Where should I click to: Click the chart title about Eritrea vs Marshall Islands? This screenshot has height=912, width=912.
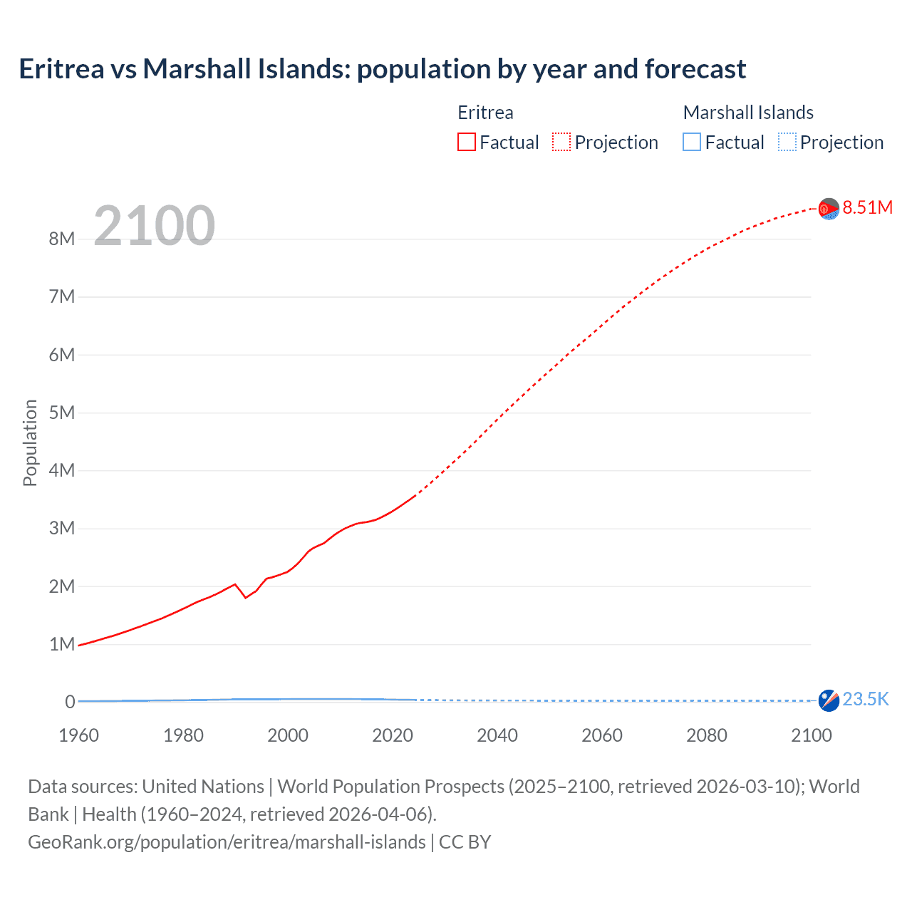click(382, 69)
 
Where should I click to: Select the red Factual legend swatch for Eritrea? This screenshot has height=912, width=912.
click(466, 142)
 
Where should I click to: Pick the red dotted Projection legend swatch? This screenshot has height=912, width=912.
click(561, 142)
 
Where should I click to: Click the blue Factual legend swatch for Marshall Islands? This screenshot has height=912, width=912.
click(691, 142)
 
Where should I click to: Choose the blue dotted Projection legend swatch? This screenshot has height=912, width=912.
click(787, 142)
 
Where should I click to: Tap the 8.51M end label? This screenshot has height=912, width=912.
click(867, 207)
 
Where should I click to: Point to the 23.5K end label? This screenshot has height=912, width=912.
click(865, 699)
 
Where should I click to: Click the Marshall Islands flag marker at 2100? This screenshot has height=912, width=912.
click(829, 700)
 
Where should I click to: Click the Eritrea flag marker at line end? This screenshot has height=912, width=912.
click(829, 209)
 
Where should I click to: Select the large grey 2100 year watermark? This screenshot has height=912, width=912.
click(155, 226)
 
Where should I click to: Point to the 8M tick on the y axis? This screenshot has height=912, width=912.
click(62, 239)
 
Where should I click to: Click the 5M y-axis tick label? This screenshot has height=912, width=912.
click(62, 413)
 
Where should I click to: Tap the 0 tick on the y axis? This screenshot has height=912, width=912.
click(70, 702)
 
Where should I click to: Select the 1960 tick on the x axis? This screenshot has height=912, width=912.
click(78, 735)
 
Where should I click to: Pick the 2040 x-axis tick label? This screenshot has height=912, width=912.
click(497, 735)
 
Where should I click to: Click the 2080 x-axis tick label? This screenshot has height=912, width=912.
click(707, 735)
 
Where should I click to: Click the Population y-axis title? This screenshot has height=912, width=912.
click(30, 442)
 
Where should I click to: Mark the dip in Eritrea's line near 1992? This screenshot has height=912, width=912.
click(246, 597)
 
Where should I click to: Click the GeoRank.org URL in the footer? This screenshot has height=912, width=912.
click(227, 842)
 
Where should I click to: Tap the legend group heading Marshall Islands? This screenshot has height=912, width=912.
click(748, 113)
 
